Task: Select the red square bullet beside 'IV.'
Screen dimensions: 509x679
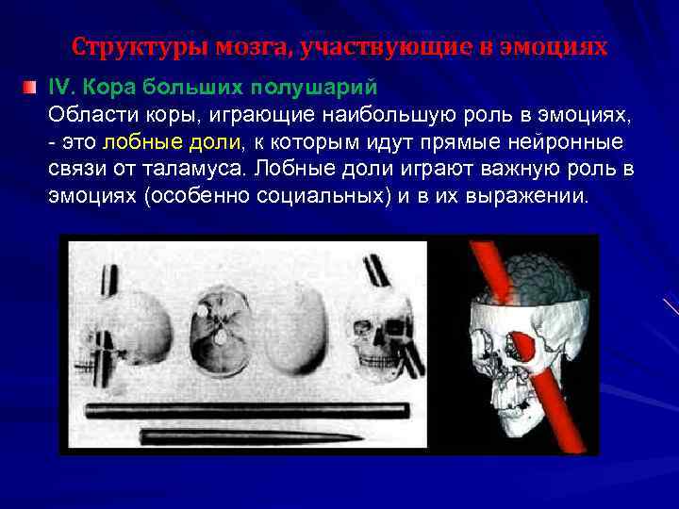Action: pos(31,88)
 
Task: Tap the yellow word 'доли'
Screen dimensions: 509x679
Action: pos(215,142)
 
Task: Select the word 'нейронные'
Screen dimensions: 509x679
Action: pos(577,142)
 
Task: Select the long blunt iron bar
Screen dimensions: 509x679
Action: pos(246,412)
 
